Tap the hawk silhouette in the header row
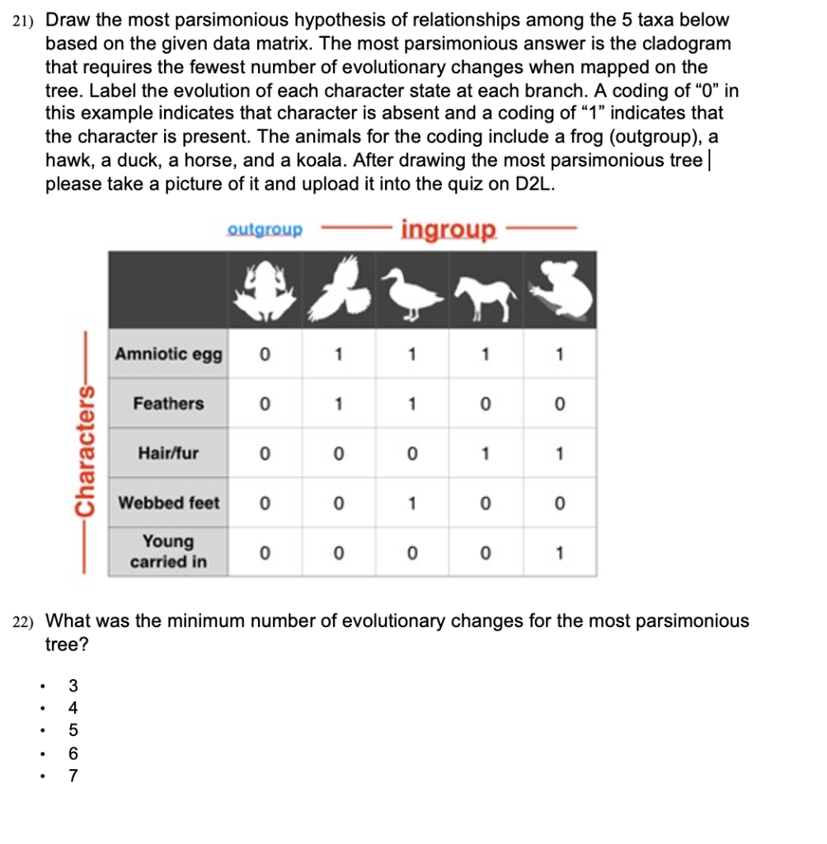[338, 289]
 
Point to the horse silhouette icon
[485, 295]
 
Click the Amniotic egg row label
[168, 354]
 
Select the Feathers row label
[168, 404]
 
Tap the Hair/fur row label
[168, 453]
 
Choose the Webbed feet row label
[168, 503]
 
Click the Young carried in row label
[168, 552]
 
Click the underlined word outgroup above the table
[265, 229]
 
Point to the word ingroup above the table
[449, 228]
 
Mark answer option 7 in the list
[74, 775]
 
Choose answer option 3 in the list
[74, 685]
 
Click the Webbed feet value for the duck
[411, 503]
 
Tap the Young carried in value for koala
[560, 553]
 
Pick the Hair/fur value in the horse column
[486, 453]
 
